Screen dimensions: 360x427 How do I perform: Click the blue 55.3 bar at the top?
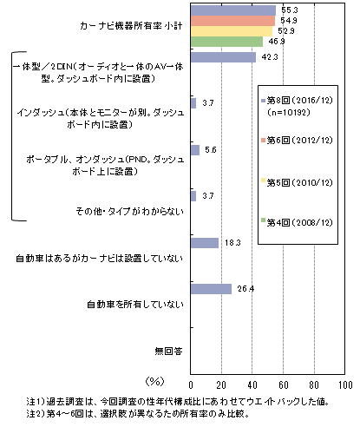[x=233, y=10]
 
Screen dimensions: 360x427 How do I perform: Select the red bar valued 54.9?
[x=232, y=21]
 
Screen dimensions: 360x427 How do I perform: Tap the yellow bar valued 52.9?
[x=232, y=31]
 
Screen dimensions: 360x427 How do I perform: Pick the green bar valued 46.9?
[x=226, y=42]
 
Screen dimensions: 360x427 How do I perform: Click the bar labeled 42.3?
[x=223, y=57]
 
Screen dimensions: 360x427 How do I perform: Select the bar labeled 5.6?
[x=195, y=150]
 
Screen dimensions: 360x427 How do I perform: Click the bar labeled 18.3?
[x=205, y=243]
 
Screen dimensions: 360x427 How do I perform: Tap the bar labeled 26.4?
[x=211, y=289]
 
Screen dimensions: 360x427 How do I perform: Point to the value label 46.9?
[x=277, y=42]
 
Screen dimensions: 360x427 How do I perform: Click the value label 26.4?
[x=245, y=289]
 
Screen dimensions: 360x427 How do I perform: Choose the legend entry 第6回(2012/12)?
[x=297, y=141]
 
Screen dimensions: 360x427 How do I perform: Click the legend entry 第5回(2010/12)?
[x=297, y=182]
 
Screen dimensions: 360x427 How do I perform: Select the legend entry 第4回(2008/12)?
[x=297, y=222]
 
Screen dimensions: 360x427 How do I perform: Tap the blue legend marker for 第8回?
[x=263, y=101]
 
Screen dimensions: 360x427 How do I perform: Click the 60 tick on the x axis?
[x=284, y=385]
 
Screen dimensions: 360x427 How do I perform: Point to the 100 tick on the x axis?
[x=345, y=385]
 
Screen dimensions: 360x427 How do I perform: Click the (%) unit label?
[x=155, y=381]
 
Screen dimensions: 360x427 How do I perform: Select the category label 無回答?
[x=169, y=351]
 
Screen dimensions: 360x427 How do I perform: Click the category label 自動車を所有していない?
[x=135, y=305]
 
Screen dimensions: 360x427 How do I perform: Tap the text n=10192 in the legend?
[x=289, y=112]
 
